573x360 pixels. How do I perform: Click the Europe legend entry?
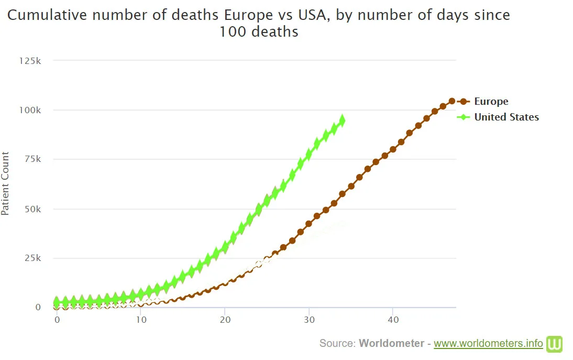point(491,102)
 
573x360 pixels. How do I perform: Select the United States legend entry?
point(506,117)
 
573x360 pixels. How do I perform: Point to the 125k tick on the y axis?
point(30,61)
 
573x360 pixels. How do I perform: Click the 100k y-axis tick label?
point(30,110)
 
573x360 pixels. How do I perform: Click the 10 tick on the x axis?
point(141,319)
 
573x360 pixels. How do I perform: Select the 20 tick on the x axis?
point(225,319)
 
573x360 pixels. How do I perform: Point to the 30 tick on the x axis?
point(309,319)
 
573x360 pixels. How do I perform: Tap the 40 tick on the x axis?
point(393,319)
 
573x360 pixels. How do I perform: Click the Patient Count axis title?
point(5,183)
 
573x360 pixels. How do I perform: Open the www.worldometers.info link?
point(488,344)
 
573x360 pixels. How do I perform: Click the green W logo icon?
point(554,344)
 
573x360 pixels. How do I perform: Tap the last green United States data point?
point(343,121)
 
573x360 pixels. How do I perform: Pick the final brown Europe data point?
point(451,101)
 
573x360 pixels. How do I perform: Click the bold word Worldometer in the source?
point(391,344)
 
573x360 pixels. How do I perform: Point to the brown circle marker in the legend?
point(464,102)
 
